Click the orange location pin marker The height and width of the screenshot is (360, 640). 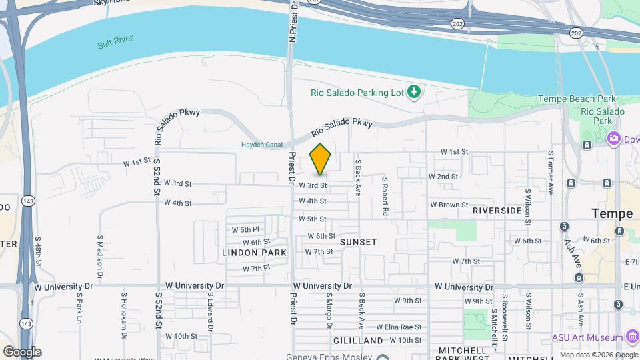coord(320,160)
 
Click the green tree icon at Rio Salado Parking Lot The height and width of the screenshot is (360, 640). coord(414,91)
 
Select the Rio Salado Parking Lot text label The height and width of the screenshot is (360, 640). coord(357,92)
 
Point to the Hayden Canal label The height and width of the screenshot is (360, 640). coord(261,145)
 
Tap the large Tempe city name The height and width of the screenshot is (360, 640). coord(612,213)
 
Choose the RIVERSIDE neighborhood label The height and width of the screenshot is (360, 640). coord(497,210)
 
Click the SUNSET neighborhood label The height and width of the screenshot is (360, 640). coord(358,241)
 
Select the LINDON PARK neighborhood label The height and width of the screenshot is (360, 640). coord(254,253)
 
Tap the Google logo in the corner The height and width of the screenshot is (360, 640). coord(21,351)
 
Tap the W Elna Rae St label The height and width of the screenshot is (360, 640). coord(399,327)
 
